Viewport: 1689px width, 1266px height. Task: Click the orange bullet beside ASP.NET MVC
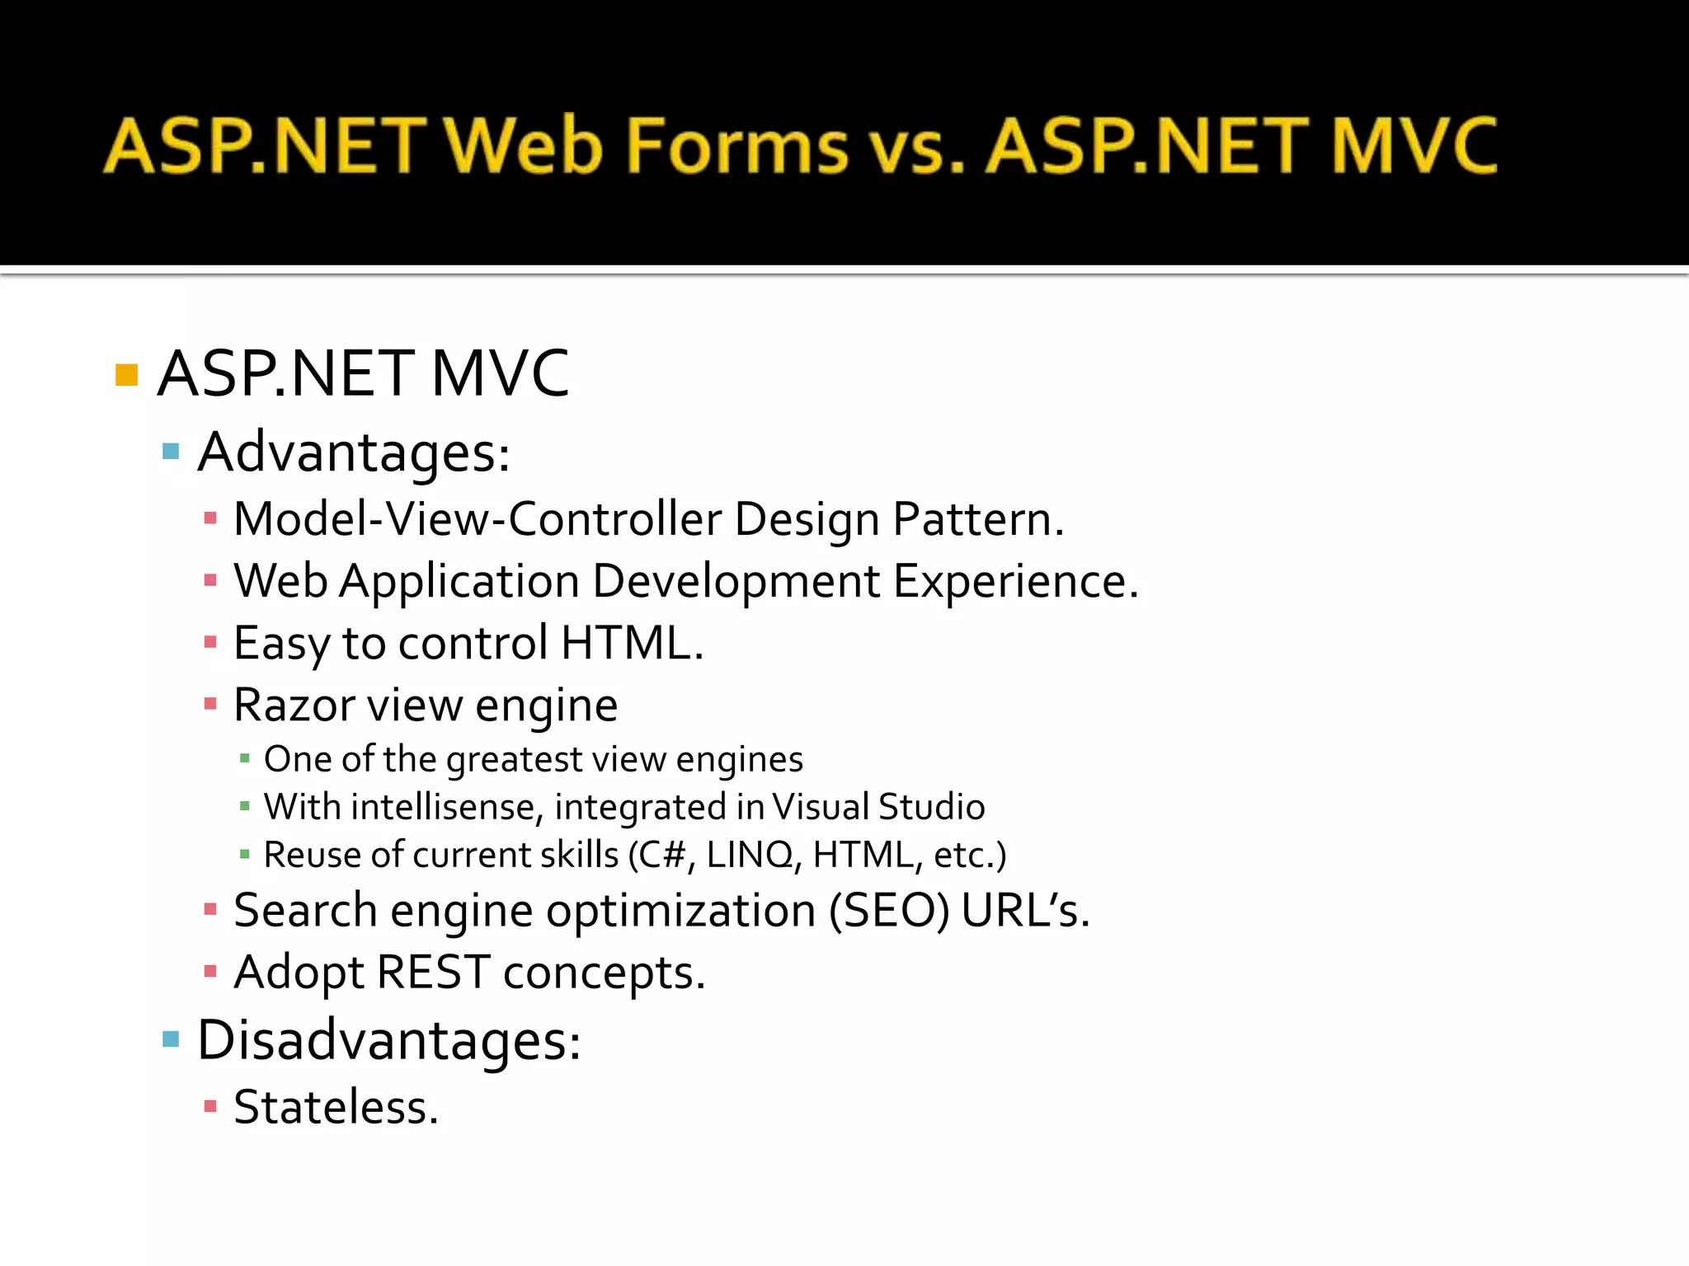(x=126, y=375)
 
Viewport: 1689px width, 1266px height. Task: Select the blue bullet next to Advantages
(x=171, y=451)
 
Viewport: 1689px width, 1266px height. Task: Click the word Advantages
(x=353, y=452)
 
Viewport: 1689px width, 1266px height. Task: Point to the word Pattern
(x=978, y=519)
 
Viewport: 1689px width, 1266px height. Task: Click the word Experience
(x=1015, y=581)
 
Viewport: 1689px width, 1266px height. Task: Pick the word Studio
(x=931, y=807)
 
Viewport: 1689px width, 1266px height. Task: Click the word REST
(x=434, y=973)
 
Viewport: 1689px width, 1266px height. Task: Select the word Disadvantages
(x=388, y=1040)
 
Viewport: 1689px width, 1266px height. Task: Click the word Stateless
(x=336, y=1107)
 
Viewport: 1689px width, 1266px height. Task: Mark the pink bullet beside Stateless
(x=210, y=1106)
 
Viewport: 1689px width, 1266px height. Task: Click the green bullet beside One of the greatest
(x=245, y=758)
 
